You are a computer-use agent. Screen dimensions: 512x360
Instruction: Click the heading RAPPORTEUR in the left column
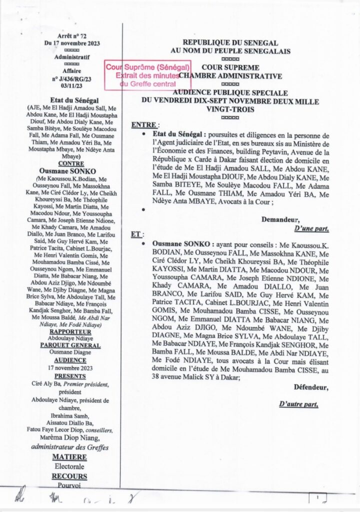(x=72, y=331)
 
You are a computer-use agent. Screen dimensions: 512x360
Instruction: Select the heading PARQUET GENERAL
(x=72, y=345)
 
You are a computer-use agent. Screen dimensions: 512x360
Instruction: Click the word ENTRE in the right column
(x=144, y=124)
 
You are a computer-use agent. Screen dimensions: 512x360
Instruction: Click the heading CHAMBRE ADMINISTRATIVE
(x=230, y=76)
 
